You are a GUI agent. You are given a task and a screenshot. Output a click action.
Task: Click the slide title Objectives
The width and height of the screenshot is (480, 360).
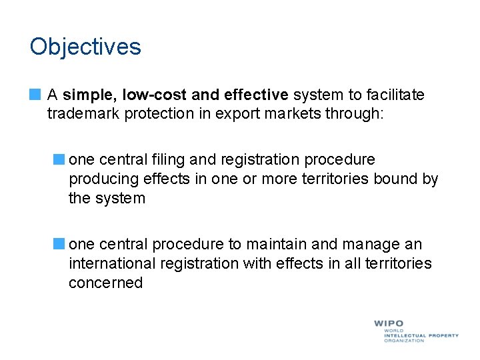(x=85, y=47)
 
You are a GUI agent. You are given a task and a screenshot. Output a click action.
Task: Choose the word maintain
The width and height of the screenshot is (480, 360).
(x=274, y=245)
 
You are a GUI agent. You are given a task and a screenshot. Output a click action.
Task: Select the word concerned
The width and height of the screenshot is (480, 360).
(x=105, y=283)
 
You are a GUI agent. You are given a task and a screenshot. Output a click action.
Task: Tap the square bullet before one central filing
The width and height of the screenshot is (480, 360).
(x=59, y=160)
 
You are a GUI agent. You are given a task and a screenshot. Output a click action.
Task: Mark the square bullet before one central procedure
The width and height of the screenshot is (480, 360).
(x=59, y=245)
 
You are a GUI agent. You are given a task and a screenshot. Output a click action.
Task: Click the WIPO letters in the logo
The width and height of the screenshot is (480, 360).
(x=389, y=324)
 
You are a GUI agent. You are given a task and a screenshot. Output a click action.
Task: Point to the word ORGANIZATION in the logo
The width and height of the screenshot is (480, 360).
(x=403, y=341)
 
